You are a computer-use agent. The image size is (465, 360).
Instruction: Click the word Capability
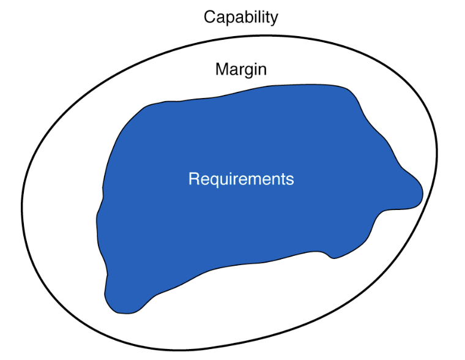click(240, 17)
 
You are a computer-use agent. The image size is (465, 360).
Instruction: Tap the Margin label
click(240, 69)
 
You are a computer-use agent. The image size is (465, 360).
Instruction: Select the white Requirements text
click(241, 179)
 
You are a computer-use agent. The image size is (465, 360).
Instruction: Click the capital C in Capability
click(209, 17)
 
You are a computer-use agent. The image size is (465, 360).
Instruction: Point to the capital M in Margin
click(221, 69)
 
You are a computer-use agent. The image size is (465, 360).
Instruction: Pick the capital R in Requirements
click(193, 179)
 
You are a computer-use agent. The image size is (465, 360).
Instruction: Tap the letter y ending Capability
click(274, 18)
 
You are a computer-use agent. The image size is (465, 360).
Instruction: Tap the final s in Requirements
click(291, 180)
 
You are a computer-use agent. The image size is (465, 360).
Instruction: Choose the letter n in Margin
click(262, 70)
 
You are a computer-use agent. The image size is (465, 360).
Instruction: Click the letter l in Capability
click(258, 17)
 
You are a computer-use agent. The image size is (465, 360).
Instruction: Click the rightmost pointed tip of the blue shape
click(422, 192)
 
